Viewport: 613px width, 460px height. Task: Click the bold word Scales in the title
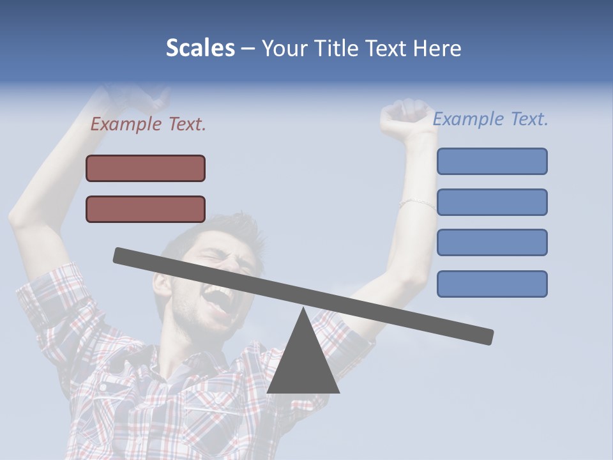(x=200, y=49)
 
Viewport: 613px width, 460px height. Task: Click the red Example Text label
(x=148, y=124)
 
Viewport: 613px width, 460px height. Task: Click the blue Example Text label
(x=490, y=119)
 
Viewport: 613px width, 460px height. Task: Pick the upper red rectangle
(x=146, y=168)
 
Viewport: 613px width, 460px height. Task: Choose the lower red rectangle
(x=146, y=209)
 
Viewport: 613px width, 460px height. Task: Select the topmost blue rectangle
(x=492, y=161)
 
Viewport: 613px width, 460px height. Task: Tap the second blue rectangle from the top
(x=492, y=202)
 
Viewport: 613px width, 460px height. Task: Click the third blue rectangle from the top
(x=492, y=242)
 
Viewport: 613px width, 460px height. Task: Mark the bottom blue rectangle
(x=492, y=284)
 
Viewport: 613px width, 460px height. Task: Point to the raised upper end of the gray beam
(x=121, y=255)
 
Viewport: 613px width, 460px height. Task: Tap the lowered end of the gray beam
(x=485, y=336)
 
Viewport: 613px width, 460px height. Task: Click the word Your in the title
(x=285, y=49)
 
